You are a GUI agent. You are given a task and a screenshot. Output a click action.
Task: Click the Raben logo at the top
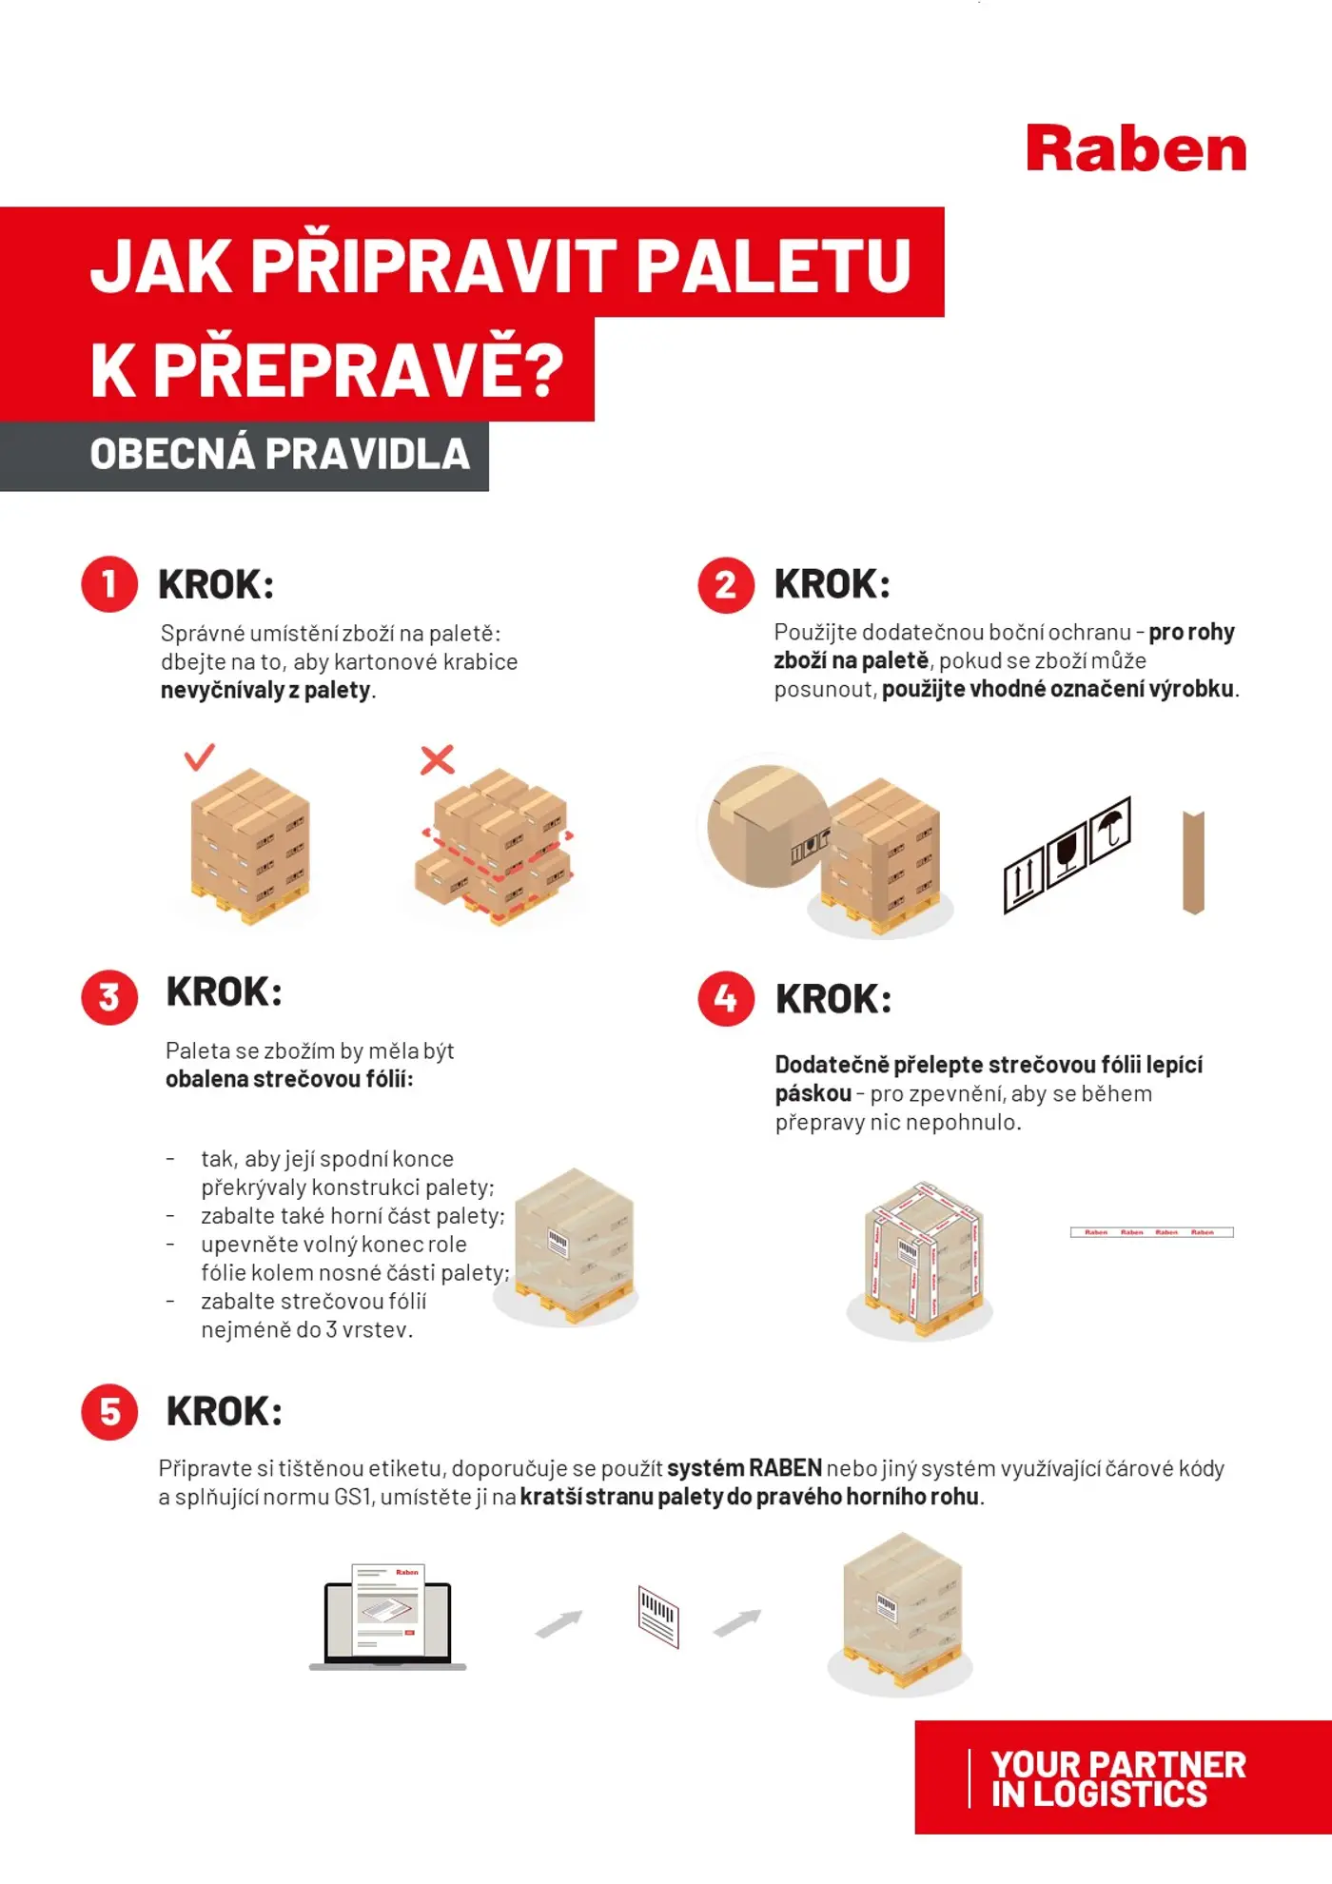[x=1136, y=149]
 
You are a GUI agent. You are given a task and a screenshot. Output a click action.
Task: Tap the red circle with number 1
[x=109, y=584]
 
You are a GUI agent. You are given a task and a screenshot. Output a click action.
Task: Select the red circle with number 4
[x=726, y=998]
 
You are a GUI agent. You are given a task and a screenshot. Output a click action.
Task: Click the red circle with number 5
[x=109, y=1411]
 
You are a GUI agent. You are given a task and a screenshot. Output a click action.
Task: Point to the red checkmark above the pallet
[x=199, y=757]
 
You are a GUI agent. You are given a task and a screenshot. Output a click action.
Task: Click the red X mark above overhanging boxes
[x=437, y=759]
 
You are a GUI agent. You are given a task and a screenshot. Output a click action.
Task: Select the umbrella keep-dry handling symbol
[x=1110, y=829]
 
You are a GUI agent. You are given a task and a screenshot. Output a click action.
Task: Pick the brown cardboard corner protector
[x=1193, y=862]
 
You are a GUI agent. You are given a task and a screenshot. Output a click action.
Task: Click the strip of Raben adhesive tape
[x=1151, y=1232]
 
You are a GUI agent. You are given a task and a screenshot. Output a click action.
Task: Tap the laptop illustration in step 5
[x=388, y=1618]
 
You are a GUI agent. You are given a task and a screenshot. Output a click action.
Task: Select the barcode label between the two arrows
[x=658, y=1617]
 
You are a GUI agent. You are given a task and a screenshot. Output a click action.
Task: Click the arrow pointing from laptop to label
[x=558, y=1623]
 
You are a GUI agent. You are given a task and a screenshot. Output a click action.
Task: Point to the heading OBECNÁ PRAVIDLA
[x=280, y=454]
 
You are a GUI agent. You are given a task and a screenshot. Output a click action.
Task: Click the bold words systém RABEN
[x=744, y=1468]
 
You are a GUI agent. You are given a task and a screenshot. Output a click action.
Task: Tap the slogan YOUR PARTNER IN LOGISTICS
[x=1117, y=1778]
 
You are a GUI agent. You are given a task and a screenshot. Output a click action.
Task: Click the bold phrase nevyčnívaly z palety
[x=266, y=690]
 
